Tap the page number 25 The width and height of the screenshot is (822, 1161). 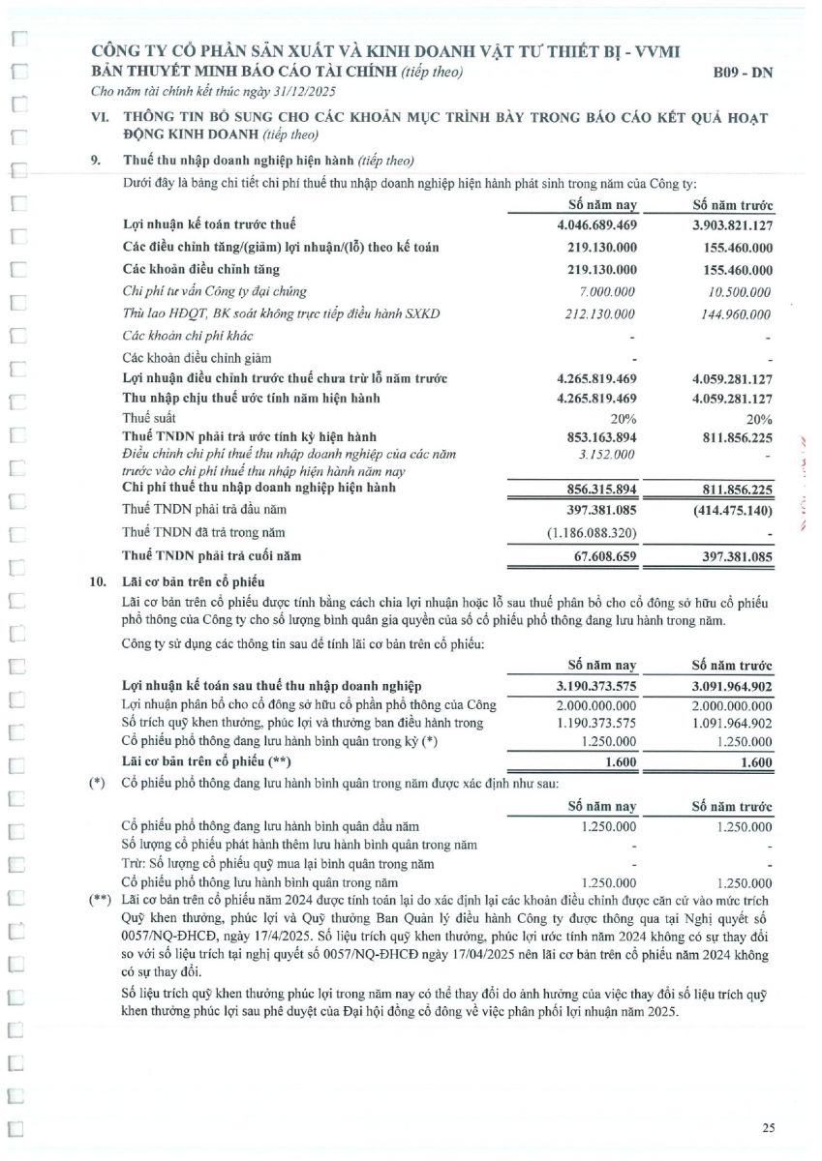[768, 1127]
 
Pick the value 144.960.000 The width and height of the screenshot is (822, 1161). [729, 313]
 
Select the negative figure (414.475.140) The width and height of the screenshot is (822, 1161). [725, 509]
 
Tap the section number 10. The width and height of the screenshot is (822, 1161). [97, 581]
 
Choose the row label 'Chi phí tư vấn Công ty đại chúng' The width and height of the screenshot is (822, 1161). [214, 291]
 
